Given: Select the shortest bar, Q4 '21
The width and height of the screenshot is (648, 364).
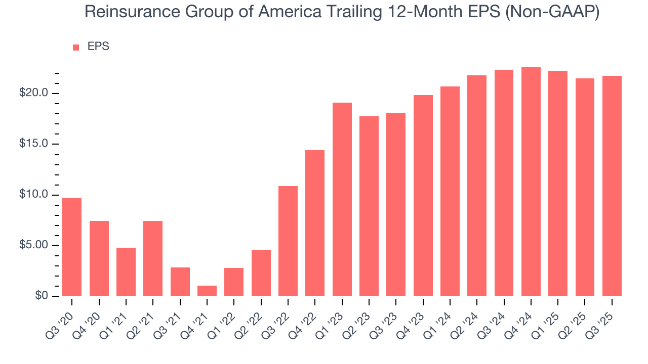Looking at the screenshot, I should pyautogui.click(x=207, y=291).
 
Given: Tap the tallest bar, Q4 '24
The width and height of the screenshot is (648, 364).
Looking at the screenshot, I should pyautogui.click(x=531, y=181).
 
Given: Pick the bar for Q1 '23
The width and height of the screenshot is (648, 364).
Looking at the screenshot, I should pyautogui.click(x=342, y=199).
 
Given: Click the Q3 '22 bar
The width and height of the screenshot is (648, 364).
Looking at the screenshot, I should pyautogui.click(x=288, y=241).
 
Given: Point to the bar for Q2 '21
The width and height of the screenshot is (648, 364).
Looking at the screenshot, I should pyautogui.click(x=153, y=258).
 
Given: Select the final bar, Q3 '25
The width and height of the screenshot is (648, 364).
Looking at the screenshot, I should pyautogui.click(x=612, y=186).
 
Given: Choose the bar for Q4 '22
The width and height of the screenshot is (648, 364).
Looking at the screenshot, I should pyautogui.click(x=315, y=223).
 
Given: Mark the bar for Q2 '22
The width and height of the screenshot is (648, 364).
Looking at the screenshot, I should pyautogui.click(x=261, y=273).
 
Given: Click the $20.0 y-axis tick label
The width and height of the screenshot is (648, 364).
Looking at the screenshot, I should pyautogui.click(x=33, y=93).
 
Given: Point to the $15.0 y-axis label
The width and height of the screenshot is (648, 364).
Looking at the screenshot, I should pyautogui.click(x=33, y=144).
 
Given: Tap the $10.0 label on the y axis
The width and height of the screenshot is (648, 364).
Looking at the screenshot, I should pyautogui.click(x=33, y=195).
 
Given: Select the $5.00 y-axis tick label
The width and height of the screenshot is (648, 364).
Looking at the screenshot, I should pyautogui.click(x=33, y=246).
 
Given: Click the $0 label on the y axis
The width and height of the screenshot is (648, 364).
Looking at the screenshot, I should pyautogui.click(x=42, y=296).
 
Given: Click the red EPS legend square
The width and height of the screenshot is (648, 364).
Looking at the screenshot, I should pyautogui.click(x=76, y=47).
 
